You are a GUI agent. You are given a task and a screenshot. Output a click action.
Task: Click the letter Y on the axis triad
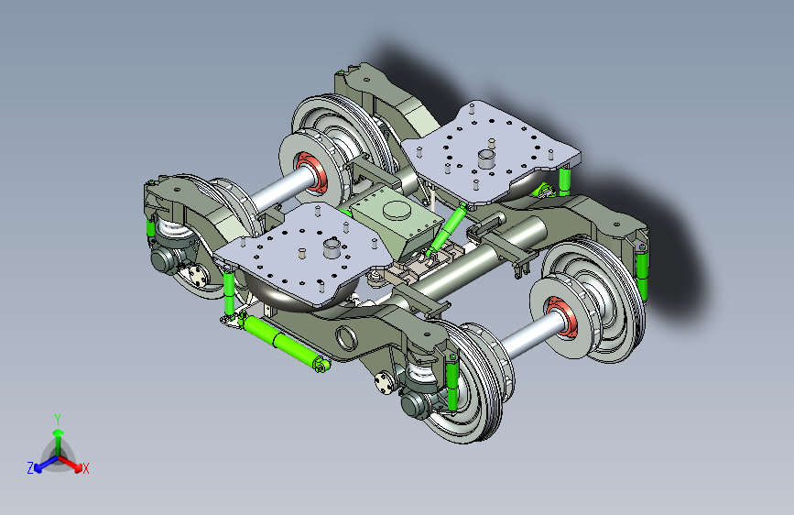coord(58,420)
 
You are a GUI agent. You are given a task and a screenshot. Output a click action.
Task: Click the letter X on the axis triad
coord(85,468)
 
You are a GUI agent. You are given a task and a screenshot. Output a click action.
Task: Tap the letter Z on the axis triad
coord(30,468)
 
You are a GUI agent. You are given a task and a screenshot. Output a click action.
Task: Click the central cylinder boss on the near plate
coord(332,247)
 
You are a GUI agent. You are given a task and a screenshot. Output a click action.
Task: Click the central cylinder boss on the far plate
coord(487,159)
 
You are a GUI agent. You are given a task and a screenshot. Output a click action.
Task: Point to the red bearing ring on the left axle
coord(310,170)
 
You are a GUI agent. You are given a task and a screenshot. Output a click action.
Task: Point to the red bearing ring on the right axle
coord(562,318)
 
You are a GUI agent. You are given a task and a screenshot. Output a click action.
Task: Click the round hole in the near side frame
coord(346,339)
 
